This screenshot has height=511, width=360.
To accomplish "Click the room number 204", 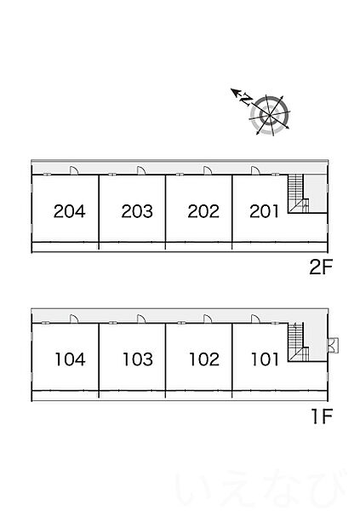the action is pos(70,211).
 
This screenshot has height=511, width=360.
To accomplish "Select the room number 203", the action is pos(137,211).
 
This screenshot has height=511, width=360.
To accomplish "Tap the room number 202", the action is pos(203,211).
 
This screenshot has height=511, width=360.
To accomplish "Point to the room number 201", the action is pos(264,211).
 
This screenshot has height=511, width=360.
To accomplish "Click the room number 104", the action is pos(70,359).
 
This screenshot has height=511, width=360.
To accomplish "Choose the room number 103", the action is pos(138,359).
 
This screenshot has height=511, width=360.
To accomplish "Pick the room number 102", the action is pos(204,359).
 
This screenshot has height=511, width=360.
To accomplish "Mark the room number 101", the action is pos(265,359).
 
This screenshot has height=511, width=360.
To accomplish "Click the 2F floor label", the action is pos(321,267).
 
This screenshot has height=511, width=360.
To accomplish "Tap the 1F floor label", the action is pos(322,416).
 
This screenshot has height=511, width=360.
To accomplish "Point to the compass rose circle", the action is pos(270,115).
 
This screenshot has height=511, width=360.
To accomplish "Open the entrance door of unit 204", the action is pos(74,170).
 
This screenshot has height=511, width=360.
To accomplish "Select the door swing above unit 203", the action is pos(141,170).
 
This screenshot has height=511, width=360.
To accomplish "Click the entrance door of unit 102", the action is pos(208,319).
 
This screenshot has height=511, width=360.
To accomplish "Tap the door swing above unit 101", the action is pos(255,319).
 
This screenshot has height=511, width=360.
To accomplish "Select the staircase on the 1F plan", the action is pos(298,342).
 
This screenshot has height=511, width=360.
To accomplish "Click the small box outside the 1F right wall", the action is pos(334,346).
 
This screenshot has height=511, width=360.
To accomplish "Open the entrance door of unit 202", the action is pos(208,170).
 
